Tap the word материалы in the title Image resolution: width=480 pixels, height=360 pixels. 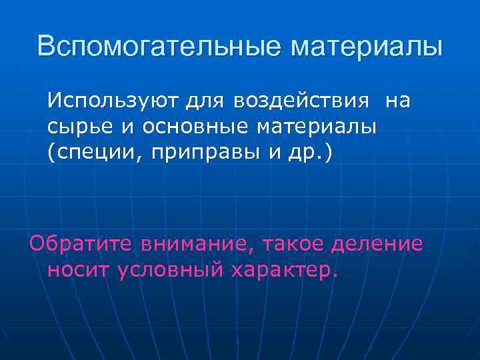tap(366, 46)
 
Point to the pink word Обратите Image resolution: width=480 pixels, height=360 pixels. tap(80, 244)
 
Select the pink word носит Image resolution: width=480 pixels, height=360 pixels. tap(78, 269)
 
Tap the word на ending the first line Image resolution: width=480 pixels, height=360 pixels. tap(398, 101)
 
